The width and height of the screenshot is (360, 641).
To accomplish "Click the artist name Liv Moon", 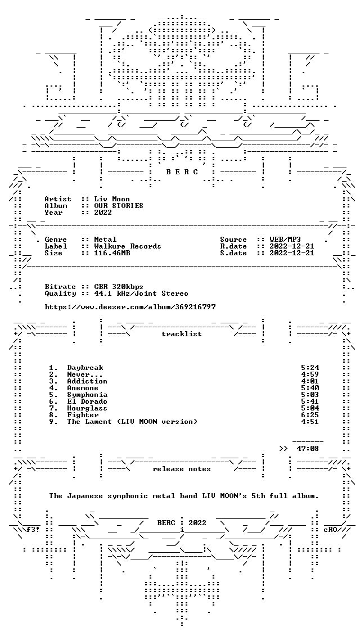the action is click(112, 199).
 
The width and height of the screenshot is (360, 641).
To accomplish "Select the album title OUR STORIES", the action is click(119, 206).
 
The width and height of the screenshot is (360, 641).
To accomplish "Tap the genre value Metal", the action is click(105, 240).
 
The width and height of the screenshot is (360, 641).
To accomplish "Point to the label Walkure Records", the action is click(128, 246).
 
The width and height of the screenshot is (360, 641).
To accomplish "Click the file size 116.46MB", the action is click(112, 253).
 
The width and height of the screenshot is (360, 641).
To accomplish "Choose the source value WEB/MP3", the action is click(286, 240).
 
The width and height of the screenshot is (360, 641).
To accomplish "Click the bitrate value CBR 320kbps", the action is click(119, 287).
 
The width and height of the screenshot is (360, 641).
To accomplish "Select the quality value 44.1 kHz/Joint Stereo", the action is click(141, 294).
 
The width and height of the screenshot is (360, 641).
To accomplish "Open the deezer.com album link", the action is click(130, 306).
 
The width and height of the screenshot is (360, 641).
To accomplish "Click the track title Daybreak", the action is click(85, 368).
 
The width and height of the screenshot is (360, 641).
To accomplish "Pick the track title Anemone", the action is click(83, 388).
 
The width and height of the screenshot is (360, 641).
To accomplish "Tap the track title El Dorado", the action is click(87, 401).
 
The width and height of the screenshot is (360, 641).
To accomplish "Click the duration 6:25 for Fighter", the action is click(310, 415).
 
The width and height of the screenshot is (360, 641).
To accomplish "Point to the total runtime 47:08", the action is click(308, 449).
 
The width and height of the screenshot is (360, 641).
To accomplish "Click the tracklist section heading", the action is click(182, 334).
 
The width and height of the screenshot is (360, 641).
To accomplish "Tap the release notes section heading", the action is click(182, 469).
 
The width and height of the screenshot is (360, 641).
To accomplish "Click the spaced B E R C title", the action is click(182, 172).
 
